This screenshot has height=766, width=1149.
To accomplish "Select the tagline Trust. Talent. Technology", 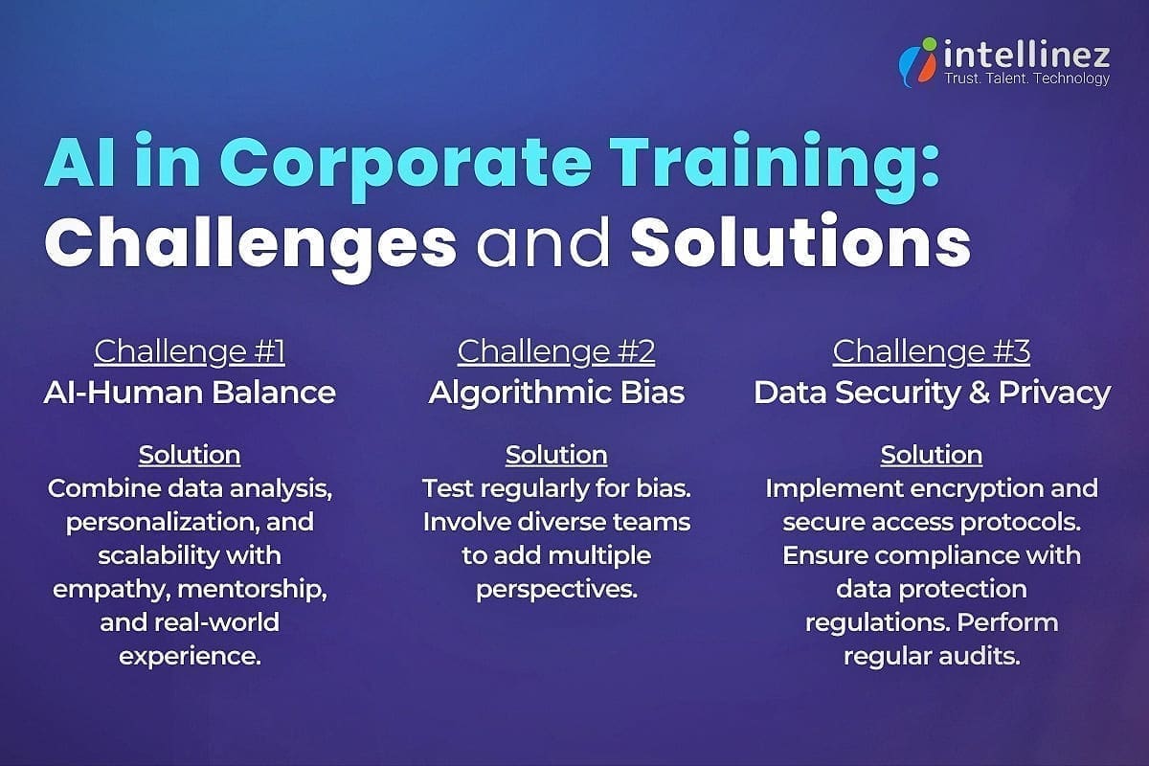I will coord(1026,79).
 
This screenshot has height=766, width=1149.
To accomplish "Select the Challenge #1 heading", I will coord(190,351).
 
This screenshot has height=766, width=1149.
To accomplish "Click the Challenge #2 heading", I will coord(556,351).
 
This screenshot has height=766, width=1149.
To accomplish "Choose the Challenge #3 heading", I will coord(932,351).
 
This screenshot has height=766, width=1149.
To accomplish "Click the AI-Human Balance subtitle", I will coord(190,392).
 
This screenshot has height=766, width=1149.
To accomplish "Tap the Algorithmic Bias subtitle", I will coord(556,392).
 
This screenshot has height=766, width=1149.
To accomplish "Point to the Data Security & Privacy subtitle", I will coord(932,392).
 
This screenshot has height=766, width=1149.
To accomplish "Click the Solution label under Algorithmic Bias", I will coord(556,454).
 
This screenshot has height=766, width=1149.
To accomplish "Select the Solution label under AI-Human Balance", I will coord(190,454).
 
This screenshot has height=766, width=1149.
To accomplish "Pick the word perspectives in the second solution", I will coord(556,589).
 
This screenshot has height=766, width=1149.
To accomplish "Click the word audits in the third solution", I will coord(982,656).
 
